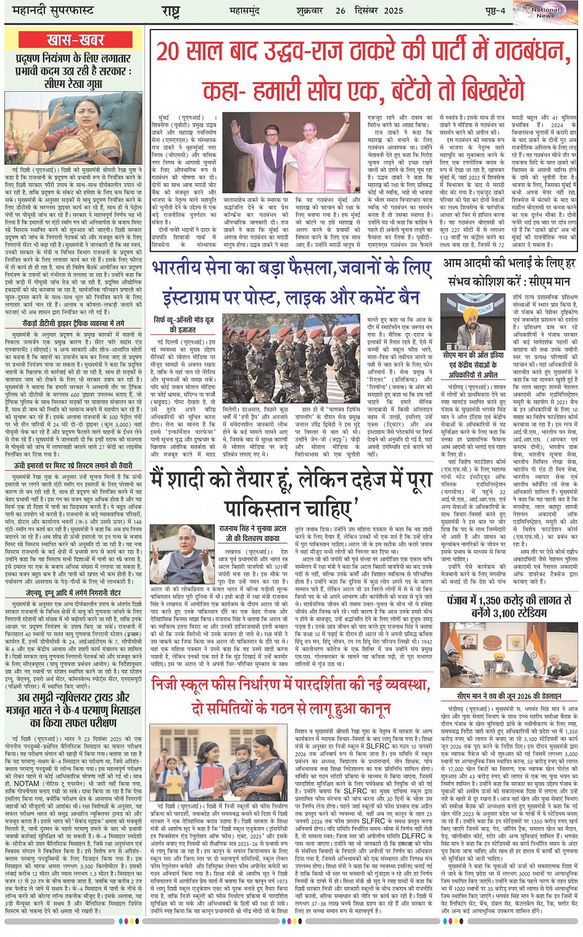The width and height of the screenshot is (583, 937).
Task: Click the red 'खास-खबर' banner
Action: coord(75,40)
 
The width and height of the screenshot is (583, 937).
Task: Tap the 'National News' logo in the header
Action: coord(545,12)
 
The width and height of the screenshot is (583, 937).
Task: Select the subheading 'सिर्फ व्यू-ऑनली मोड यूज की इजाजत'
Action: coord(184,324)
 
